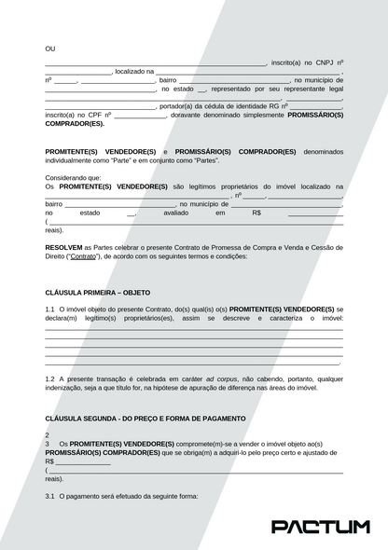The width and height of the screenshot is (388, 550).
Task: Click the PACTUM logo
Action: click(x=320, y=527)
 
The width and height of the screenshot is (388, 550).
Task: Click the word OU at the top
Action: click(x=50, y=48)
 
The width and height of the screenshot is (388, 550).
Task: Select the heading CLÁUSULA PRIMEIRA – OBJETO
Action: click(x=90, y=292)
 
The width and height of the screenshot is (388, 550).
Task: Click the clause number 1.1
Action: click(x=49, y=309)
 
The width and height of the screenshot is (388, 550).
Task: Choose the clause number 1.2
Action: click(x=49, y=379)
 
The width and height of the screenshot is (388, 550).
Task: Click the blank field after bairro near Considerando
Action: click(x=120, y=203)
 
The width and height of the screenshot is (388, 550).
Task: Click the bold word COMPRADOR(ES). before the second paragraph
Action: click(x=74, y=123)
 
